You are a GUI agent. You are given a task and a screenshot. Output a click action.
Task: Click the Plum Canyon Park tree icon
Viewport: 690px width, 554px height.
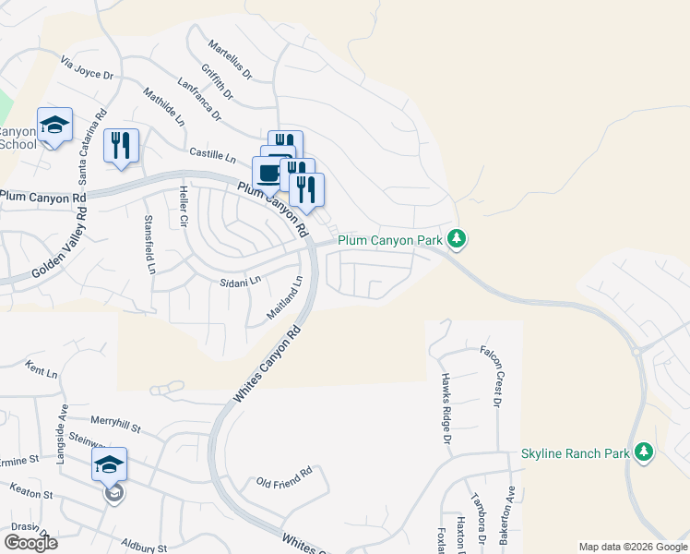tap(456, 240)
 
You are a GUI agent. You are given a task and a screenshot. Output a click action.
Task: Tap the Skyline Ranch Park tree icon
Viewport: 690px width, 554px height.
tap(644, 452)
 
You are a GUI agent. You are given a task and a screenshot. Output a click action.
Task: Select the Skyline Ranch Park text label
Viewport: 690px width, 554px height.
tap(575, 453)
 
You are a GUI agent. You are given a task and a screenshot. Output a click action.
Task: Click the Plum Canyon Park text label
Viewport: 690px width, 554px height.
tap(391, 240)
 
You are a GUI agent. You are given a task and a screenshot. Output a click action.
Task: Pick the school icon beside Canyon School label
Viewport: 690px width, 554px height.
tap(54, 125)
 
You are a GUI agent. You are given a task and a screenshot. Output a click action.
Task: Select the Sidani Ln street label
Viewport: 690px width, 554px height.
tap(241, 280)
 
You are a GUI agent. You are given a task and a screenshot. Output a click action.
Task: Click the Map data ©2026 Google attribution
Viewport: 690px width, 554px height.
tap(633, 547)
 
